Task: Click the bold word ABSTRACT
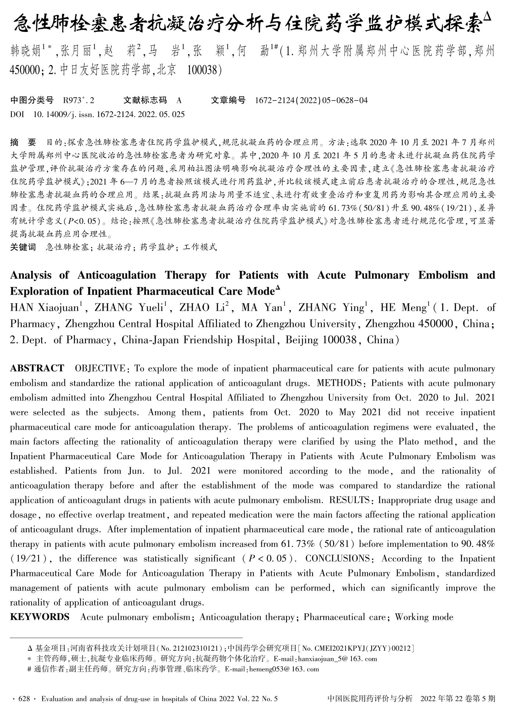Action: [37, 368]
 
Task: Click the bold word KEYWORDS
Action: [40, 617]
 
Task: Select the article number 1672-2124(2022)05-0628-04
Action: [311, 100]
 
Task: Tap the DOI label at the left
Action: [17, 115]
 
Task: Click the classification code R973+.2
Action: [79, 100]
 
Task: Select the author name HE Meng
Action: [404, 308]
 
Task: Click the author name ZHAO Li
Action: [201, 308]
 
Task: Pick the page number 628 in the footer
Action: [24, 699]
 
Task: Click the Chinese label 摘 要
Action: [23, 142]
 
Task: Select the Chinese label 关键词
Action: [23, 247]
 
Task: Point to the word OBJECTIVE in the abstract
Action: [100, 368]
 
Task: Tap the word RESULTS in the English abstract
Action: [349, 500]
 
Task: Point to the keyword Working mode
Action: [424, 617]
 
